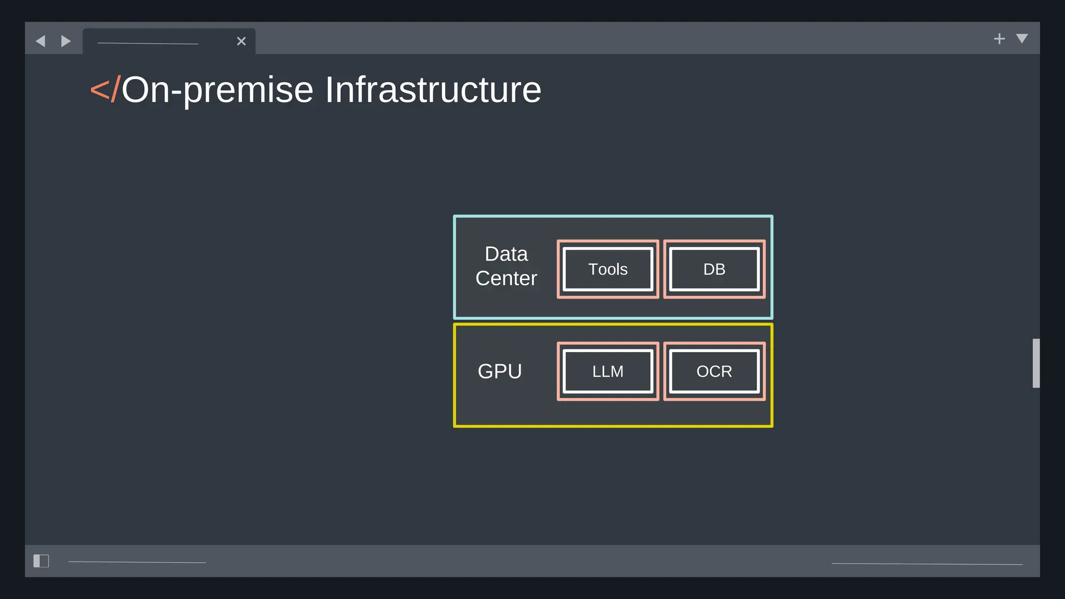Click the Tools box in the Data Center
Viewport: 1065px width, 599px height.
point(607,269)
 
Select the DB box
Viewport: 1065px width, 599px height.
point(714,269)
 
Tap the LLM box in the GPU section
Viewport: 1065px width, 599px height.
point(607,371)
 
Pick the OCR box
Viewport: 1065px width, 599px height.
point(714,371)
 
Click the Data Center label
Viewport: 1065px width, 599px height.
point(506,266)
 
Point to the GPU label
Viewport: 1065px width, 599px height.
point(500,371)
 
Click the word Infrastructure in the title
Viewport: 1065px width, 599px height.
point(433,90)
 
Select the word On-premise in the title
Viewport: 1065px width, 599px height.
point(217,90)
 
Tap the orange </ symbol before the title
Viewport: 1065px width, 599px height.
point(105,89)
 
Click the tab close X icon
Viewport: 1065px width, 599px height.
point(241,41)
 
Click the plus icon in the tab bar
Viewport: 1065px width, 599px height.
point(999,39)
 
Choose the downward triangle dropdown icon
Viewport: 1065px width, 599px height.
point(1022,38)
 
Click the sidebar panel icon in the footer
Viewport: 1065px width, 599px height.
point(41,561)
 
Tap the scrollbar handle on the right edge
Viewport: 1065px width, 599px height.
point(1036,363)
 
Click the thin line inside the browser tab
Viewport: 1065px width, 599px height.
point(148,44)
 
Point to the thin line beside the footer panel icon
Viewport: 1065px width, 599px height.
point(137,562)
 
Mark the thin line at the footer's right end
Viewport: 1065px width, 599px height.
point(927,564)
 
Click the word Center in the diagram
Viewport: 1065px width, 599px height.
point(506,279)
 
